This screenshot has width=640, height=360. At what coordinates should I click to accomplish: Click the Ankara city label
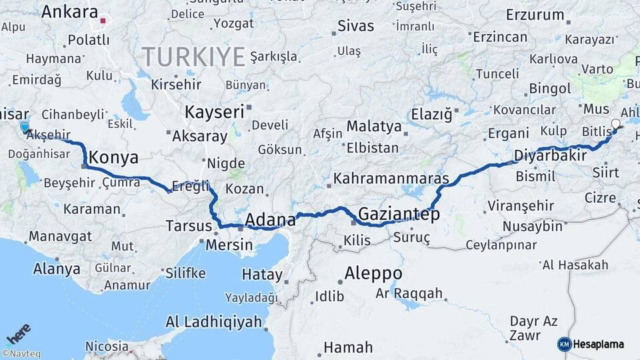[69, 12]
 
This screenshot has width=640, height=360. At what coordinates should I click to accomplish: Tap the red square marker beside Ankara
[103, 21]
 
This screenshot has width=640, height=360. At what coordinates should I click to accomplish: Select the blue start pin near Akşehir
[25, 127]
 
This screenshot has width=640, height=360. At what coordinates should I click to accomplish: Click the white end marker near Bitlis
[615, 124]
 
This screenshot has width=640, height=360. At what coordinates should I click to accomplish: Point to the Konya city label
[113, 158]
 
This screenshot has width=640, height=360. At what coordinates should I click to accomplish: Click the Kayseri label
[214, 112]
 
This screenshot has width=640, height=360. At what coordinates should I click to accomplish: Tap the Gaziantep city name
[399, 214]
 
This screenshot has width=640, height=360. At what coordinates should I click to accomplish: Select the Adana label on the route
[270, 219]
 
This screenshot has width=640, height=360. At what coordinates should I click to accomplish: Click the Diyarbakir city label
[550, 156]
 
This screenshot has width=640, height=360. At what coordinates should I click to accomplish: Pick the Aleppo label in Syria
[373, 273]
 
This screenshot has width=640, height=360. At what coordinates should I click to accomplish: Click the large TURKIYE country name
[193, 57]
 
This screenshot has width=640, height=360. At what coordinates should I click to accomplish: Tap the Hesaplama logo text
[599, 344]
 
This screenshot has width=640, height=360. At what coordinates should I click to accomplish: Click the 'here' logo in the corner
[18, 333]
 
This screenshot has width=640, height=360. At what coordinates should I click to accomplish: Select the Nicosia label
[107, 346]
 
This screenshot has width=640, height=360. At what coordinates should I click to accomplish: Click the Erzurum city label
[535, 14]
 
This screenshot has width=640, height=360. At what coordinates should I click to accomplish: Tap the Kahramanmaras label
[392, 179]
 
